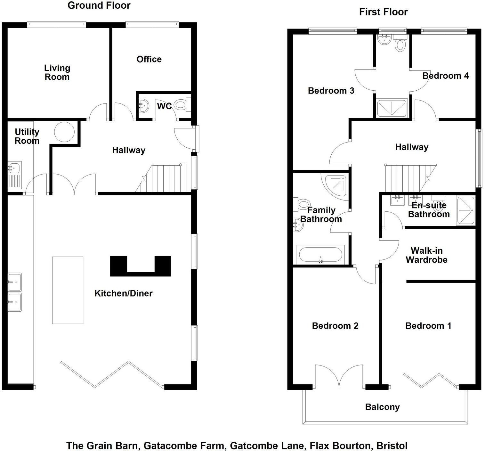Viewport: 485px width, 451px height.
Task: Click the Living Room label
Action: tap(57, 72)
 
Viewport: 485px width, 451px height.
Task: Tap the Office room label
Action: tap(149, 59)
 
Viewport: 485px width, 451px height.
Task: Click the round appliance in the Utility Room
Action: tap(64, 132)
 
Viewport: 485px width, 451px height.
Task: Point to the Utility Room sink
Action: tap(14, 168)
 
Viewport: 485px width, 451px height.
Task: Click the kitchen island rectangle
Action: tap(68, 290)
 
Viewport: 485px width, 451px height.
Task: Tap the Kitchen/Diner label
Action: tap(123, 293)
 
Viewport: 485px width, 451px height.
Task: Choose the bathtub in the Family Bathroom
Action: tap(321, 255)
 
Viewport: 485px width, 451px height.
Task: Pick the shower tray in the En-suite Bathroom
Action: tap(466, 210)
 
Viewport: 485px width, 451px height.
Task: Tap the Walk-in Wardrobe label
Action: tap(426, 255)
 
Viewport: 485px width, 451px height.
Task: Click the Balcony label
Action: tap(382, 407)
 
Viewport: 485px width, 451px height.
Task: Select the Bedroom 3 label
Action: tap(331, 91)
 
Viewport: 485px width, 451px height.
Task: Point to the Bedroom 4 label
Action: tap(445, 76)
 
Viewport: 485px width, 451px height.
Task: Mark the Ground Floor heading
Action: tap(99, 5)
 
